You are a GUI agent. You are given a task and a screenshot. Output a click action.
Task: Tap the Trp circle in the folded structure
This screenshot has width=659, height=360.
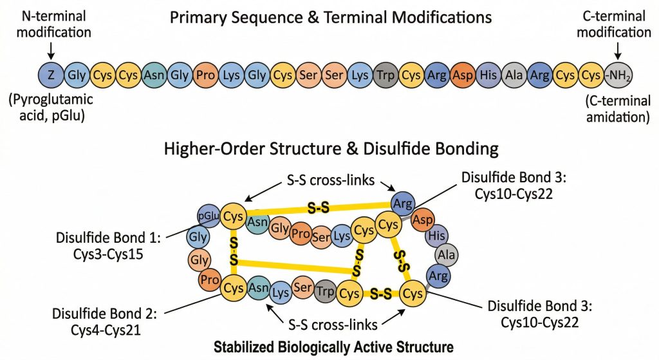[325, 292]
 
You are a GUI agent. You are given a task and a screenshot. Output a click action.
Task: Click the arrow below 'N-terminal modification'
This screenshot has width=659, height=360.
[51, 48]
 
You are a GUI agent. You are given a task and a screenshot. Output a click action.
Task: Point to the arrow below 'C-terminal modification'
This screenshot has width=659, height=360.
[617, 48]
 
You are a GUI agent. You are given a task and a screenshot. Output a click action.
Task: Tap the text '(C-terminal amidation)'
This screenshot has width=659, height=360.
[617, 109]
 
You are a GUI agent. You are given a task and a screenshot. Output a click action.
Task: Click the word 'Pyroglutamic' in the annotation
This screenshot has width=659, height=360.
[50, 100]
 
